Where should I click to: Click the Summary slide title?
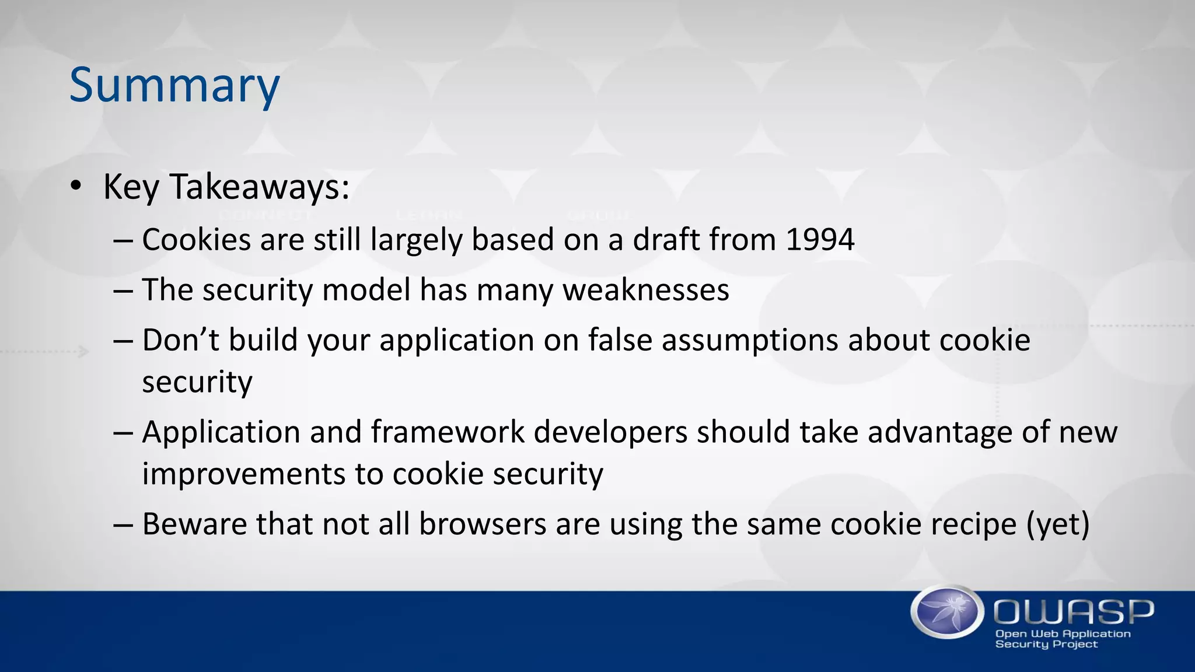click(x=174, y=85)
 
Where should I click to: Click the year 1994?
click(x=820, y=240)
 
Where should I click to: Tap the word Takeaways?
click(x=259, y=187)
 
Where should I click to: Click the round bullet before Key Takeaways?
click(x=76, y=187)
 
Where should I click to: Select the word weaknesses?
click(x=645, y=290)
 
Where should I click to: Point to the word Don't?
click(x=180, y=340)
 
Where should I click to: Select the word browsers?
click(x=482, y=524)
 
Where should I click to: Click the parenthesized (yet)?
click(x=1057, y=524)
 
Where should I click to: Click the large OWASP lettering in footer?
click(x=1074, y=611)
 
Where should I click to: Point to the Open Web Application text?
click(x=1063, y=633)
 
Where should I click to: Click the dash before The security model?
click(x=124, y=290)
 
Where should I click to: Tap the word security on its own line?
click(x=197, y=383)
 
